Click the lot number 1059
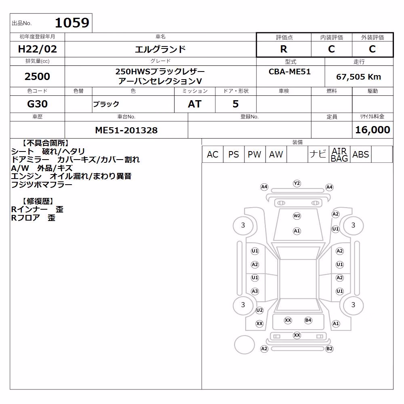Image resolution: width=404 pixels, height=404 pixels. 72,23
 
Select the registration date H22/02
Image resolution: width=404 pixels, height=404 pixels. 37,49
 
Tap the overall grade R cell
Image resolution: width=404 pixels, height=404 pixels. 284,49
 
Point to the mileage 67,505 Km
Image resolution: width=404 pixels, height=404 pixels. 358,76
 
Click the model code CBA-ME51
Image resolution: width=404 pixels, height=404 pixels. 290,72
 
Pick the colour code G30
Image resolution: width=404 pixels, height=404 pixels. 37,104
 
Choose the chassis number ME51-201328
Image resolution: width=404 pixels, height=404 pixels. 126,130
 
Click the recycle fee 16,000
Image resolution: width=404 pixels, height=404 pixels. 372,130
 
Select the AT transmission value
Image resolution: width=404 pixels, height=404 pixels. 195,104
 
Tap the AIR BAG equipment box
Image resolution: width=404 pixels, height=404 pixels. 339,154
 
